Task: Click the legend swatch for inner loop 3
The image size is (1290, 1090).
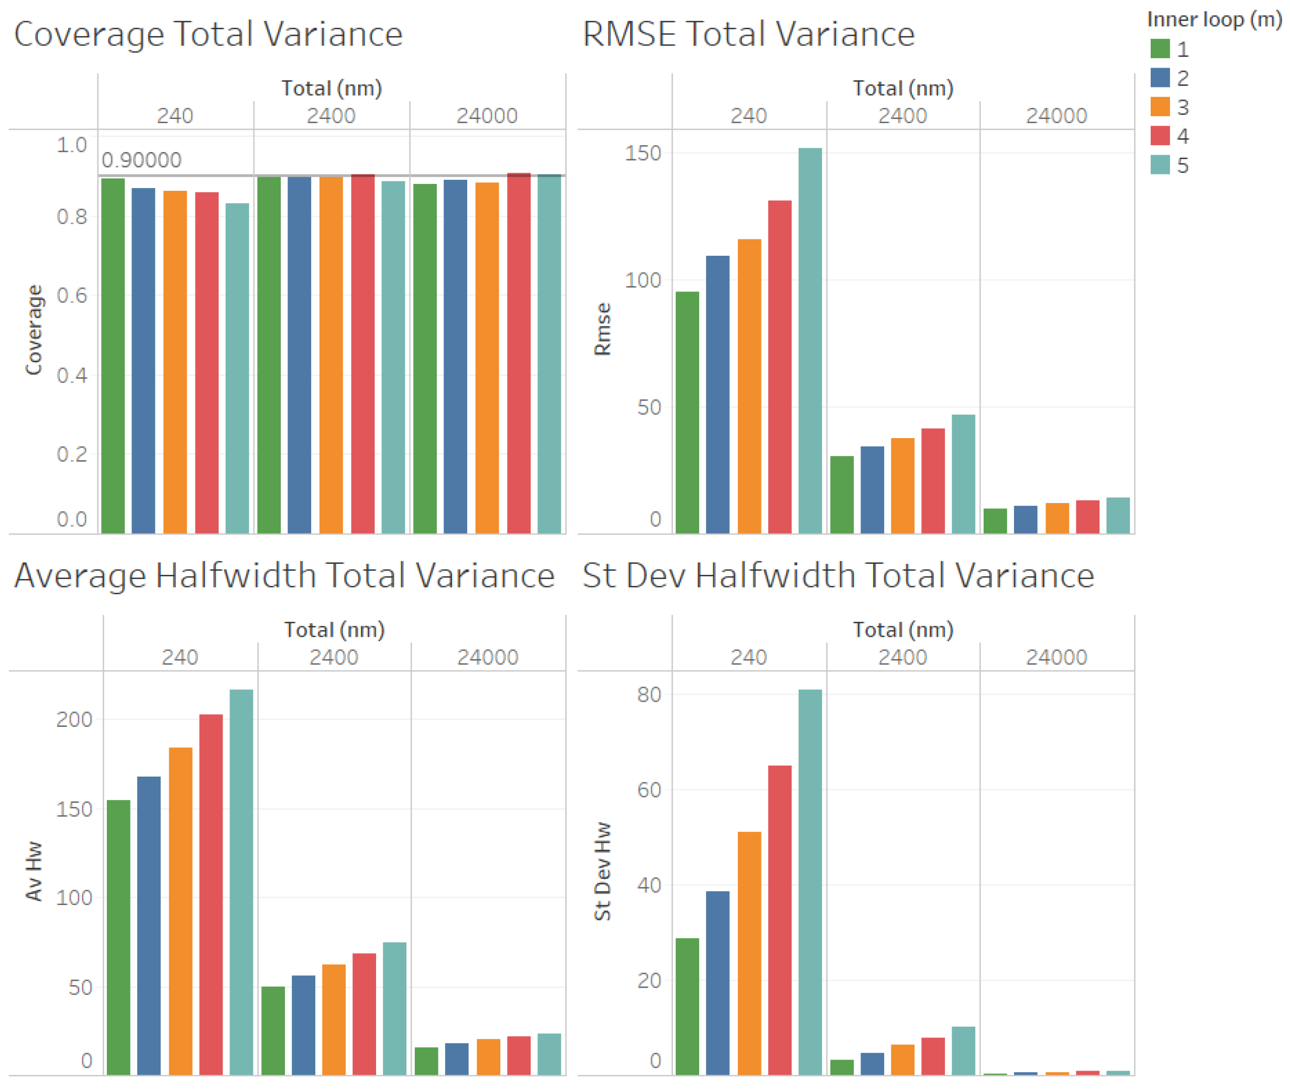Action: [1159, 106]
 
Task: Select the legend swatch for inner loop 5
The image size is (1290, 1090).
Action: [1159, 165]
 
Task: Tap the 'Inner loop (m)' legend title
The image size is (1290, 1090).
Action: [1214, 20]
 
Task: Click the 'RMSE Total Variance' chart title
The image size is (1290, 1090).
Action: [748, 34]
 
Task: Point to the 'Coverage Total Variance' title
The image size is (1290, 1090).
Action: [208, 34]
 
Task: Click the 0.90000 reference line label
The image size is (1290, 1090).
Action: [141, 160]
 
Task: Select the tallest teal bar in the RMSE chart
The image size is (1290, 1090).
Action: [809, 340]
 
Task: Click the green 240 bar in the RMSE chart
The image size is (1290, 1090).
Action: [687, 412]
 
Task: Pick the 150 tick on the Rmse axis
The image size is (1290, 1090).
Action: [642, 152]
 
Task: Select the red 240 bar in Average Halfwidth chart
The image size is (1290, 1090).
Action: [211, 894]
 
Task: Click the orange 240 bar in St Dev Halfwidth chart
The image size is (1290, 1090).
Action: [748, 953]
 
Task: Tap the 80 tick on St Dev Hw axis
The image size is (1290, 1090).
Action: [648, 694]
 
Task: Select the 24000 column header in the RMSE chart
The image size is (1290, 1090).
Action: [1056, 115]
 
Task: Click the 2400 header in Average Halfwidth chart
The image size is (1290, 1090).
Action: [334, 657]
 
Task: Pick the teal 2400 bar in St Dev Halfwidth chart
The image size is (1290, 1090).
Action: [963, 1051]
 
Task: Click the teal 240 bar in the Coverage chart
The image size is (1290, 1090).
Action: [237, 368]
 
